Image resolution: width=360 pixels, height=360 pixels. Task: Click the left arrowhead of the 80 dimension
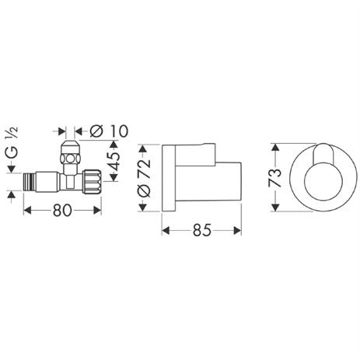point(28,208)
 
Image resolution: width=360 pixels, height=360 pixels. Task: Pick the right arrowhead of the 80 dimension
point(100,208)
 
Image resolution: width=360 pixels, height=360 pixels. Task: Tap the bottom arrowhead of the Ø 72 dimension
point(143,207)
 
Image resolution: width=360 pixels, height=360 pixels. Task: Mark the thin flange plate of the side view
point(166,176)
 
